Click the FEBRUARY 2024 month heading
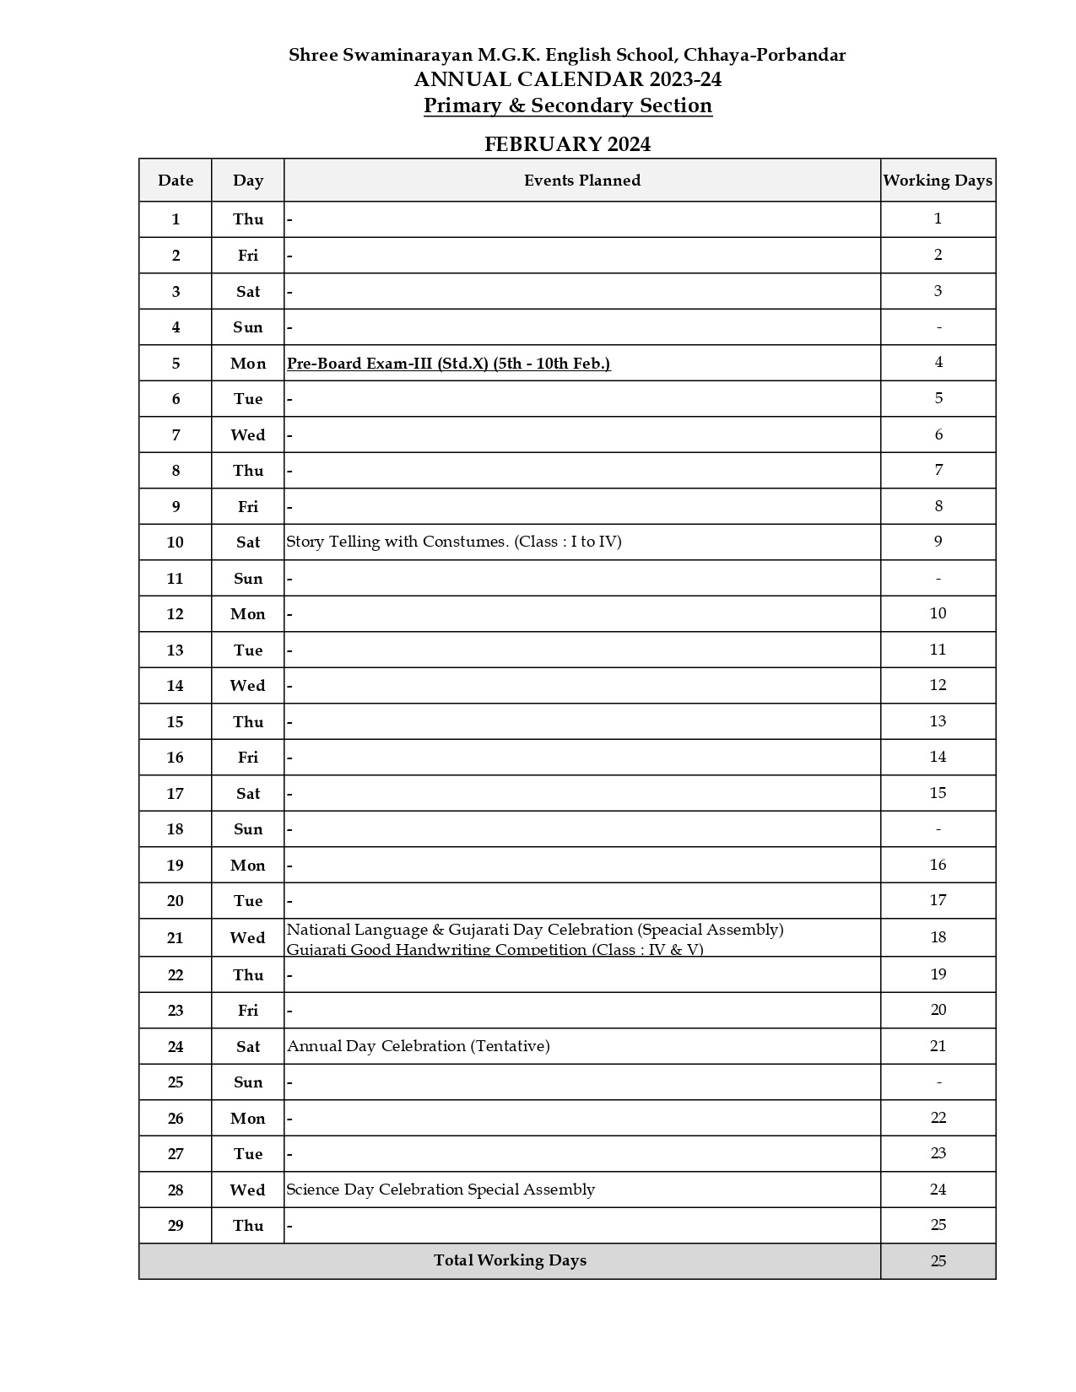click(x=567, y=144)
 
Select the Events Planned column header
click(x=581, y=180)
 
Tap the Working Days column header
click(x=938, y=180)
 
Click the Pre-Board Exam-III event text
click(x=448, y=363)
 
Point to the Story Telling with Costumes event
click(x=454, y=542)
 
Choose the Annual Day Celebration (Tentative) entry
click(x=419, y=1046)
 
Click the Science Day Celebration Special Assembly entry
click(x=441, y=1190)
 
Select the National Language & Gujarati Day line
click(x=535, y=930)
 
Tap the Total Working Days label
click(x=510, y=1260)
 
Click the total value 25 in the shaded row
click(x=938, y=1261)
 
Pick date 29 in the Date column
click(x=176, y=1226)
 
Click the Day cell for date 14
click(x=248, y=686)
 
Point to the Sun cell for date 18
click(x=248, y=829)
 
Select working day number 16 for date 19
click(x=938, y=865)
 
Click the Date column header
click(x=176, y=180)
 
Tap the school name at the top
click(x=567, y=55)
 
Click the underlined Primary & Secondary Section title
click(x=567, y=105)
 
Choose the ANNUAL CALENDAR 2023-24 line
click(x=567, y=79)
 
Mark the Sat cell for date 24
click(x=248, y=1047)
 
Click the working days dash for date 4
click(x=938, y=327)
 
